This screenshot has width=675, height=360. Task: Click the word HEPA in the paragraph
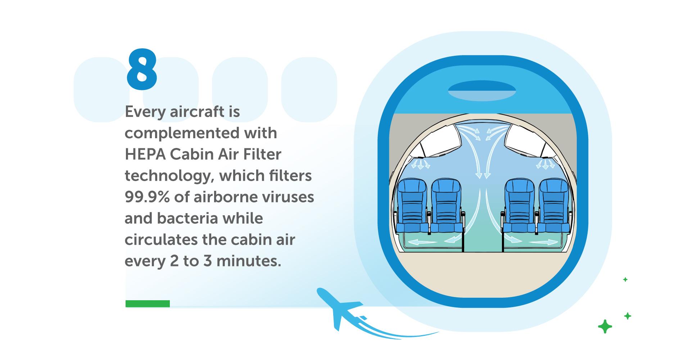(x=145, y=154)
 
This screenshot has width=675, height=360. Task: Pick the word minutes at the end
(x=248, y=261)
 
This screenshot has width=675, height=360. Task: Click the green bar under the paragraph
(x=148, y=303)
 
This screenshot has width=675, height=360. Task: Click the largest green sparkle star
(x=605, y=327)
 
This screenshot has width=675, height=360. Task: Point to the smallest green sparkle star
(x=625, y=279)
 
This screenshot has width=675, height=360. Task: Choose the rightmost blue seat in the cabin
(x=554, y=206)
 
